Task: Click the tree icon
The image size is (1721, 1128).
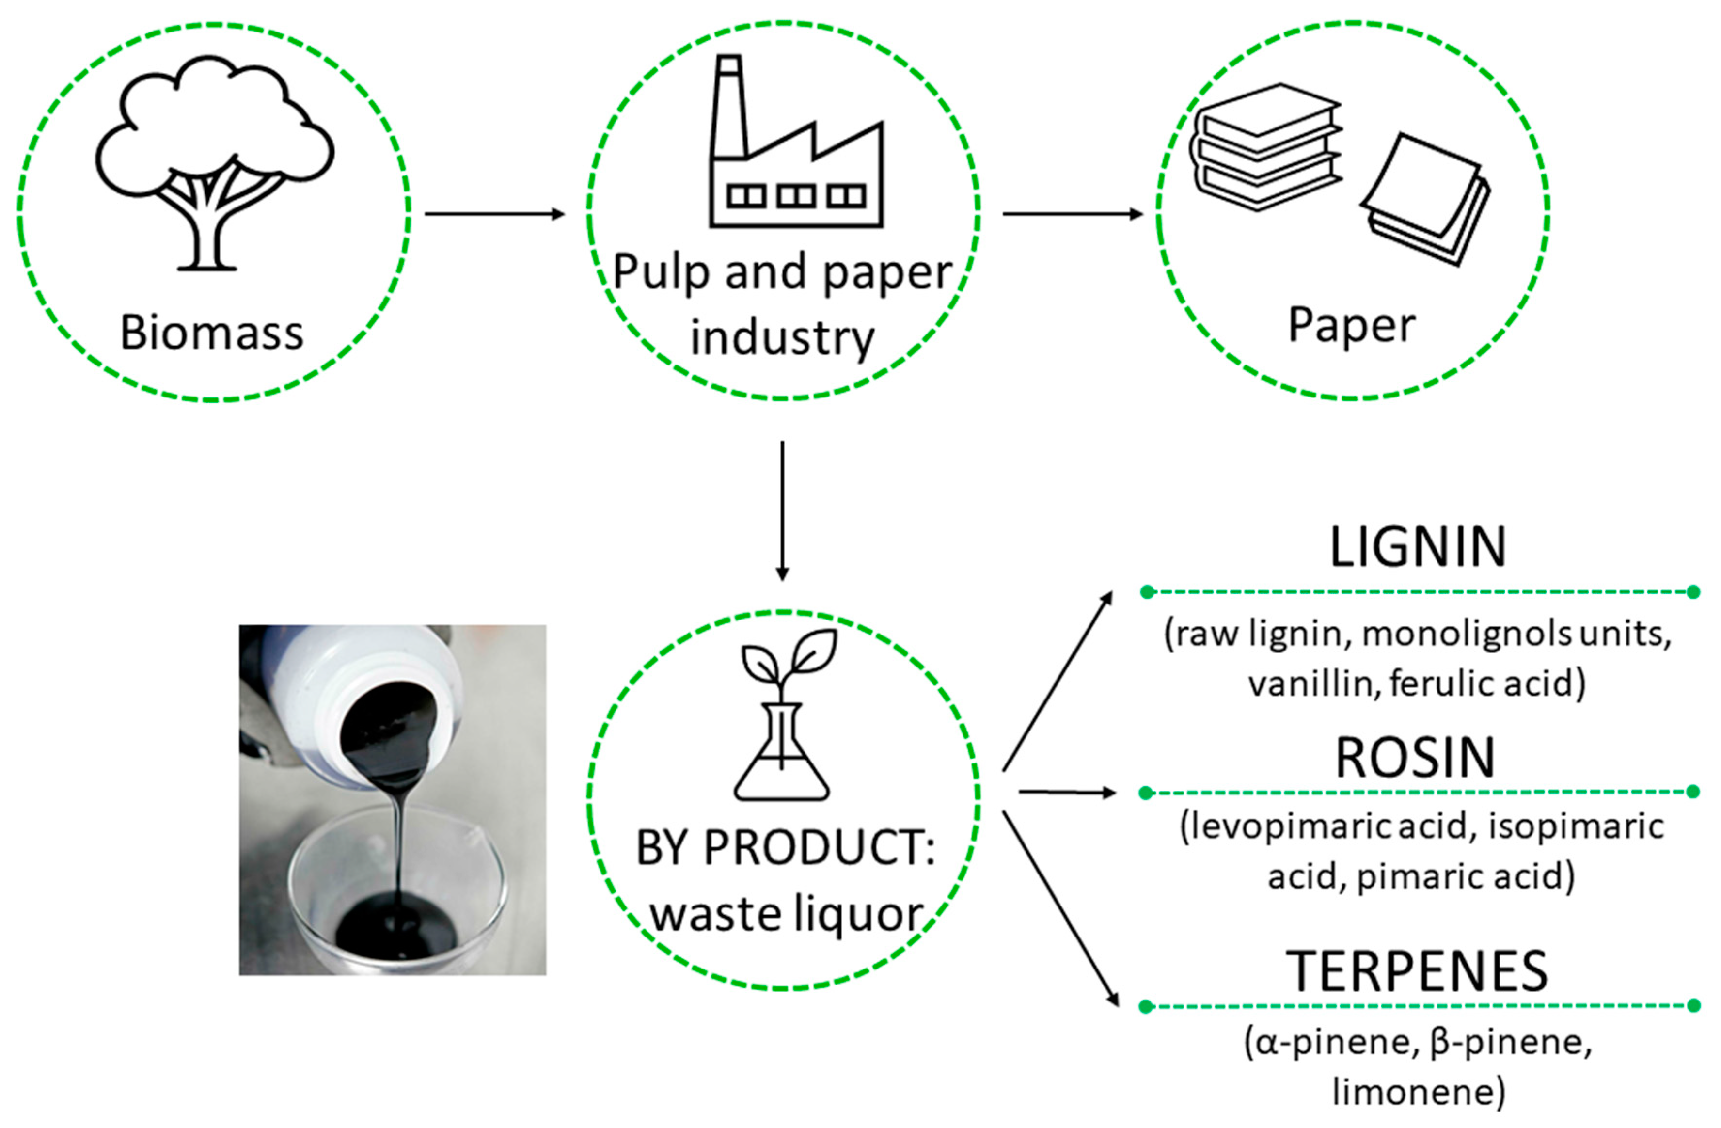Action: coord(213,163)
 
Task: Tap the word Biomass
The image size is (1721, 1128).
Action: coord(212,334)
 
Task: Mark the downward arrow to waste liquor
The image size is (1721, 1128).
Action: coord(782,510)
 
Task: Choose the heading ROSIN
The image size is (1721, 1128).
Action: coord(1415,759)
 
